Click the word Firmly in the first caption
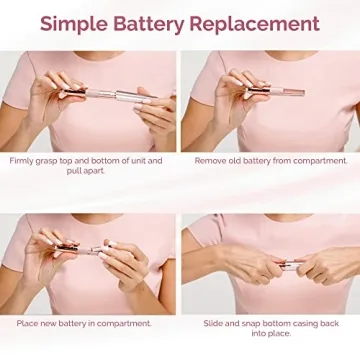click(x=22, y=160)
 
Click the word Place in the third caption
click(x=28, y=323)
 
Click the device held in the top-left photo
click(x=100, y=95)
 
